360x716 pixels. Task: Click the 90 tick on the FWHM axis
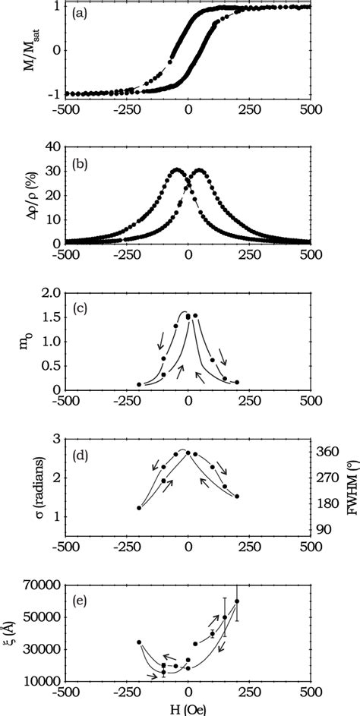coord(324,529)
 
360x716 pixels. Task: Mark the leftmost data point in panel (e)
coord(139,642)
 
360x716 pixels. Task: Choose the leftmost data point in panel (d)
coord(139,508)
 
